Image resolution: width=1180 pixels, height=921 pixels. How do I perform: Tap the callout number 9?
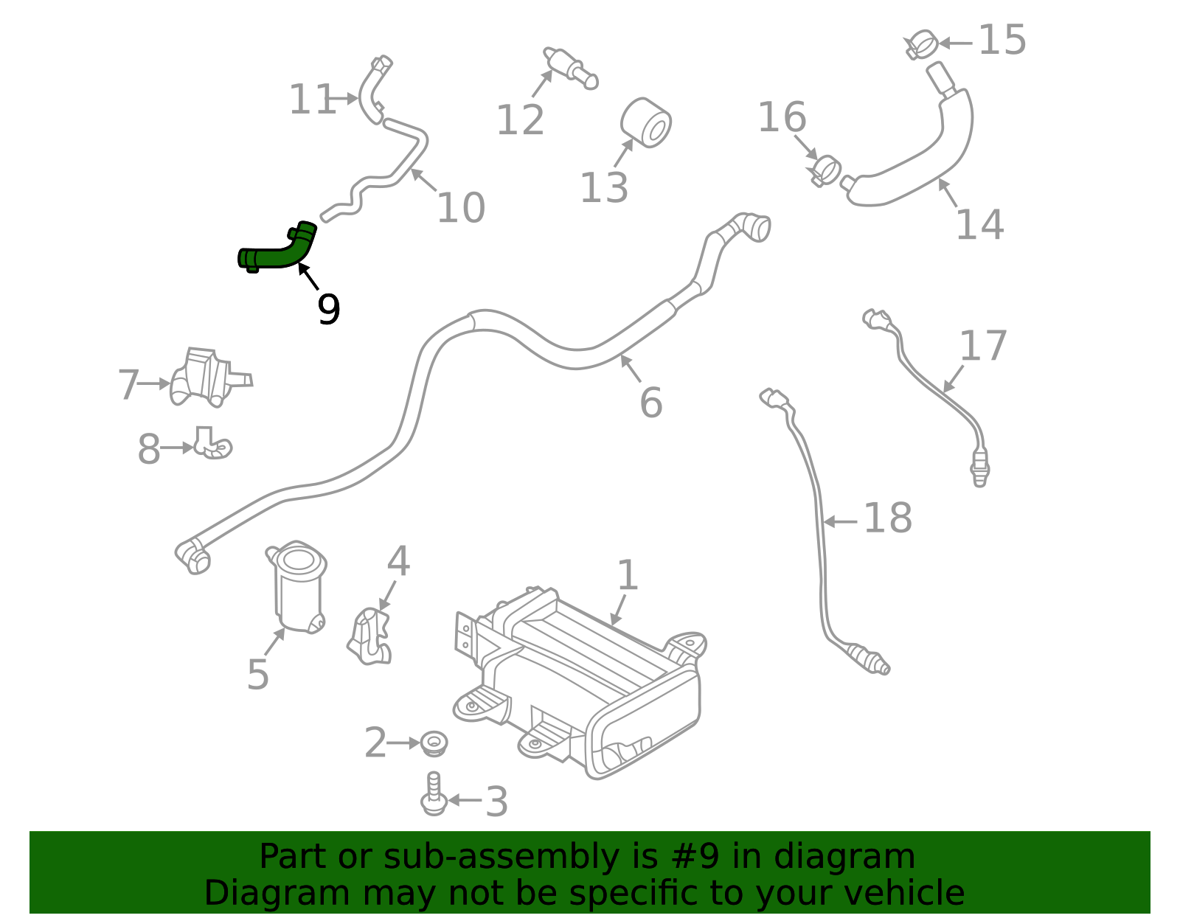click(x=328, y=309)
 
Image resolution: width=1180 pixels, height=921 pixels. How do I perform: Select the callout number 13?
click(x=603, y=188)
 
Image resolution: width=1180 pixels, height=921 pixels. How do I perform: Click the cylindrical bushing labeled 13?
click(x=647, y=122)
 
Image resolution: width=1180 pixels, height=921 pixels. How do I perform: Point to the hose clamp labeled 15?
click(x=922, y=44)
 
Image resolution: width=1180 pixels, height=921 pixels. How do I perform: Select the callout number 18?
click(x=887, y=518)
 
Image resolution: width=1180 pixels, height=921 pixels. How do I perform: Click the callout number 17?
click(x=983, y=347)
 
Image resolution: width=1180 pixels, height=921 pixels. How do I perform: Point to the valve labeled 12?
click(x=570, y=66)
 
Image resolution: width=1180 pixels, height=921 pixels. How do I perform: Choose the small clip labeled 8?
click(x=213, y=444)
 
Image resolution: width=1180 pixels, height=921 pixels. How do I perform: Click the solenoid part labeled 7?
click(x=206, y=378)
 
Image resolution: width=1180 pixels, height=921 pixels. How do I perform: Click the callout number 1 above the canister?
click(x=627, y=575)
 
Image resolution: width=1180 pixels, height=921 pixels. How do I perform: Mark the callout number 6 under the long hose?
click(x=650, y=403)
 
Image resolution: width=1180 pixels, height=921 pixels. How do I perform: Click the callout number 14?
click(x=979, y=224)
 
